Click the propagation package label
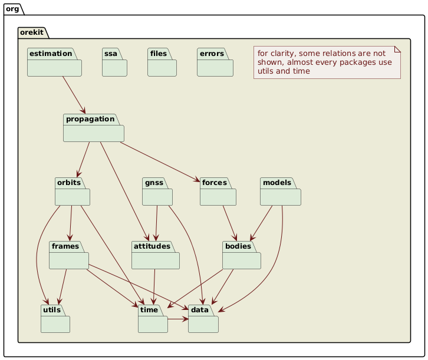[89, 120]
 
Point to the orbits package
[72, 191]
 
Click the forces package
[218, 191]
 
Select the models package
[281, 191]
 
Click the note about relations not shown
[327, 62]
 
